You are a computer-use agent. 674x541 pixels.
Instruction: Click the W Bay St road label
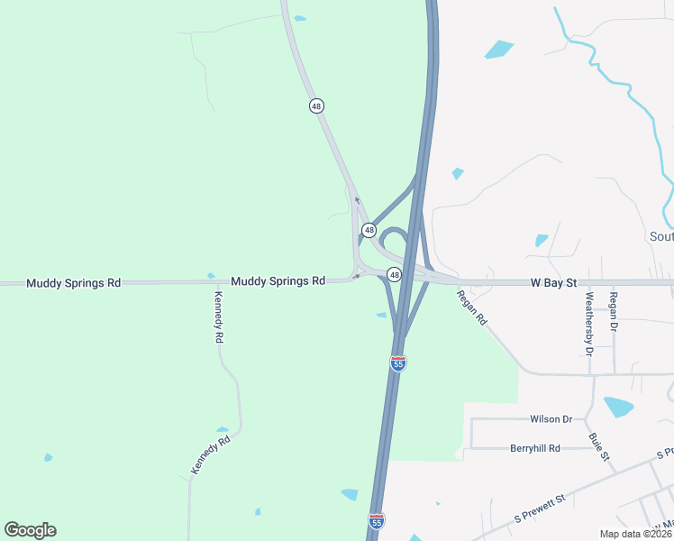tap(552, 282)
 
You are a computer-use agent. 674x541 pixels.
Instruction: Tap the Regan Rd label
tap(471, 307)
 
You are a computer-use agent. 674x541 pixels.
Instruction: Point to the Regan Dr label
tap(613, 309)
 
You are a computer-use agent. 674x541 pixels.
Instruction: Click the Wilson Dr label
tap(551, 419)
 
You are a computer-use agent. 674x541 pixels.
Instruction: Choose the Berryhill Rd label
tap(535, 448)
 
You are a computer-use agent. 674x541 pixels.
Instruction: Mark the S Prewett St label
tap(539, 509)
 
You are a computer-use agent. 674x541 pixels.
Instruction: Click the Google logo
tap(30, 530)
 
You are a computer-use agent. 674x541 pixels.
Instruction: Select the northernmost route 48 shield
tap(315, 105)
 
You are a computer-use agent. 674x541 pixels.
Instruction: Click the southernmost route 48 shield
tap(395, 273)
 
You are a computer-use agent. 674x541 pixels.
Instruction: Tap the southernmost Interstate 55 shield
tap(377, 521)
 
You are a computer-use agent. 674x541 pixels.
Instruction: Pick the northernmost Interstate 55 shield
tap(398, 362)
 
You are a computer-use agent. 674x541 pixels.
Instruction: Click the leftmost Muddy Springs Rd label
tap(74, 282)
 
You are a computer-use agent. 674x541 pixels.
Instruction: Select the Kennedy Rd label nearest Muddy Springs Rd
tap(218, 316)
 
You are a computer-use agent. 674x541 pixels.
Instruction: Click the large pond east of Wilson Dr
tap(618, 407)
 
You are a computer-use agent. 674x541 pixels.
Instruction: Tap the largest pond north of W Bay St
tap(498, 49)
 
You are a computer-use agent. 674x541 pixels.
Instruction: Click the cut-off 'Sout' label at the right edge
tap(661, 237)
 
